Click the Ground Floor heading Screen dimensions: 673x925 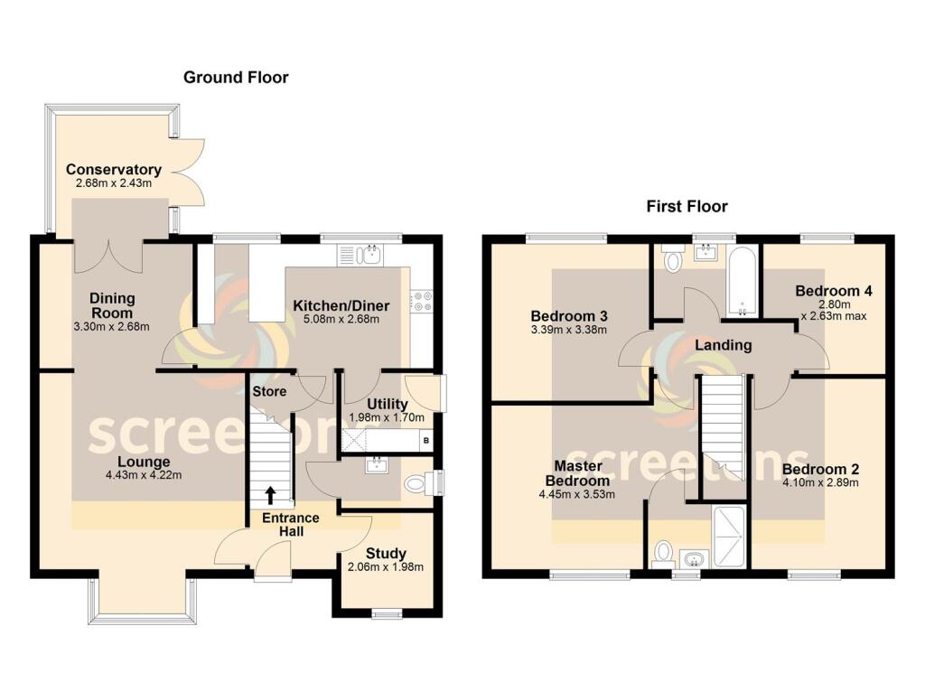point(236,78)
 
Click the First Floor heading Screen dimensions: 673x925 point(687,207)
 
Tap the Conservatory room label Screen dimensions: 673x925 point(113,170)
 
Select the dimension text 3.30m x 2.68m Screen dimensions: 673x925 point(112,327)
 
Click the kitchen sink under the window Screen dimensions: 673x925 point(369,255)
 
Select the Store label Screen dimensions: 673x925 point(269,391)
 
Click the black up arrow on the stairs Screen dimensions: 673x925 point(270,494)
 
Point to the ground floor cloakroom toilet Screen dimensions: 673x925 point(416,483)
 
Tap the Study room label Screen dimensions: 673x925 point(386,553)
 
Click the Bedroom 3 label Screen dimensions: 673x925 point(568,316)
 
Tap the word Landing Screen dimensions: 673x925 point(723,344)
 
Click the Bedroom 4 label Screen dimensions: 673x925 point(833,291)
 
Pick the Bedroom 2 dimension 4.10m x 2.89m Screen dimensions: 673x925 point(820,482)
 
